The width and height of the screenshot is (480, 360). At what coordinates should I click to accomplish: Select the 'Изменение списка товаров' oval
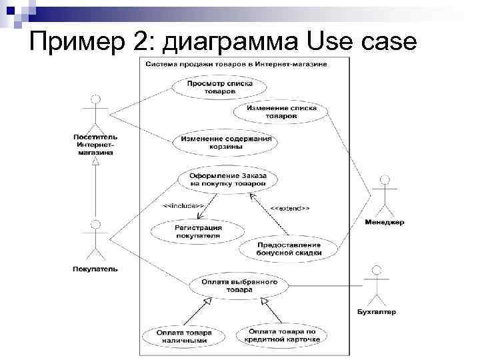coord(281,112)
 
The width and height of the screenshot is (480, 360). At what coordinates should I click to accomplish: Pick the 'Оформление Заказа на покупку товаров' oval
coord(228,179)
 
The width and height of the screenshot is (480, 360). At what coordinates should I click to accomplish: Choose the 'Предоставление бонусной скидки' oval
coord(289,248)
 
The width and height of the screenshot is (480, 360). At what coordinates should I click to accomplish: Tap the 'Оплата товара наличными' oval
coord(184,336)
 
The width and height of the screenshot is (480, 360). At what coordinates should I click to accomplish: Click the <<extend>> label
coord(289,209)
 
